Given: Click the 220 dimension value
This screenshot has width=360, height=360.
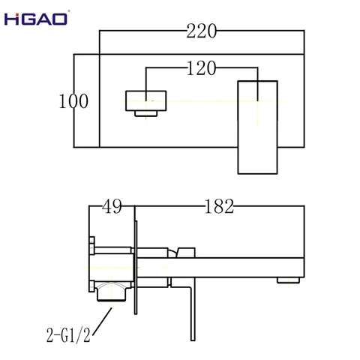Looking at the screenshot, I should (x=202, y=31).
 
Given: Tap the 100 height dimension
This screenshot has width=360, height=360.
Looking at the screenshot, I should (x=73, y=100).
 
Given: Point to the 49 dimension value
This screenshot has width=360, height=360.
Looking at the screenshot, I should (x=112, y=205).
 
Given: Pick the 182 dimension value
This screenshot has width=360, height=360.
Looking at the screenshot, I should (x=219, y=205).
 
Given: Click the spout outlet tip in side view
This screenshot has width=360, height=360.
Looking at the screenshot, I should (x=286, y=279).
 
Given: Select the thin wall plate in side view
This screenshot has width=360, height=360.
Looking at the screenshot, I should (x=136, y=270).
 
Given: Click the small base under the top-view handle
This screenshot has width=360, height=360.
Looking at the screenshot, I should (x=147, y=113).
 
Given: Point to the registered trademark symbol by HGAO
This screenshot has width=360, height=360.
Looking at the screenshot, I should (x=70, y=12).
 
